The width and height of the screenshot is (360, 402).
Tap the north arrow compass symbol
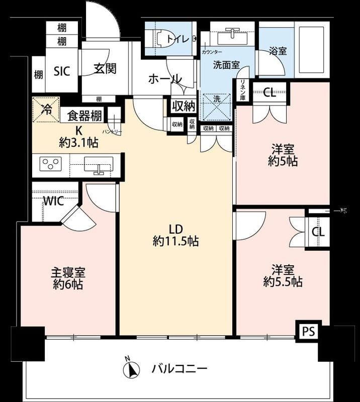click(x=131, y=369)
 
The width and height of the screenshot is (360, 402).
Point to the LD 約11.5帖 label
click(x=175, y=235)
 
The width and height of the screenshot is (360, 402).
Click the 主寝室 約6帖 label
click(x=68, y=278)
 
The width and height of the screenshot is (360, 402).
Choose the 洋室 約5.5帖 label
click(x=283, y=276)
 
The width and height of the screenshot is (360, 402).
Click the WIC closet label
click(x=53, y=201)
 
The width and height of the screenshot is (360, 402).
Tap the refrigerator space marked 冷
click(x=46, y=110)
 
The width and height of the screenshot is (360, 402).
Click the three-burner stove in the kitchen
click(x=51, y=164)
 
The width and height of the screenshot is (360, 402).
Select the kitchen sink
click(x=99, y=164)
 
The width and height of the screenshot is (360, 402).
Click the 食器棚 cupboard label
click(x=84, y=117)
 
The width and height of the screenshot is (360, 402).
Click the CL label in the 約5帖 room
click(x=269, y=93)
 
